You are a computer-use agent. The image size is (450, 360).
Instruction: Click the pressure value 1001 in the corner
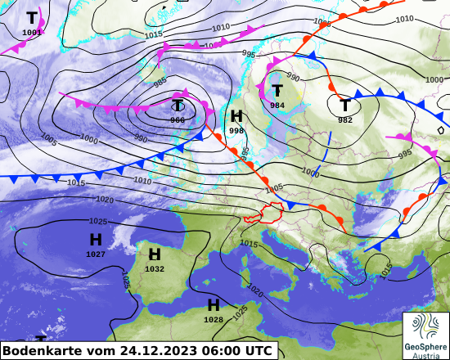[x=32, y=33]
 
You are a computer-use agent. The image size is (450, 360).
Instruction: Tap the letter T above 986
[x=178, y=106]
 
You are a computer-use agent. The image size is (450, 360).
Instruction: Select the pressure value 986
[x=178, y=120]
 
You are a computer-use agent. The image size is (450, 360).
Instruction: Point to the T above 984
[x=277, y=91]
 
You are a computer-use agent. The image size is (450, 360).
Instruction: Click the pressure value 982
[x=345, y=119]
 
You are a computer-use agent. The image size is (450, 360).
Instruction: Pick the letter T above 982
[x=345, y=105]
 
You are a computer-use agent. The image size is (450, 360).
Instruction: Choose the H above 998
[x=236, y=116]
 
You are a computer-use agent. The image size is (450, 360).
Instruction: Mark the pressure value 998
[x=236, y=131]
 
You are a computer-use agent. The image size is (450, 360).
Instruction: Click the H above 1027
[x=96, y=240]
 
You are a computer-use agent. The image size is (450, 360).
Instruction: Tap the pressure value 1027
[x=96, y=254]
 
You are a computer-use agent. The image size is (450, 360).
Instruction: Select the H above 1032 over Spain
[x=155, y=254]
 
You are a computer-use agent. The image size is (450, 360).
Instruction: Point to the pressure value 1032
[x=155, y=269]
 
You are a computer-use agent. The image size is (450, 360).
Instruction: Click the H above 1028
[x=214, y=305]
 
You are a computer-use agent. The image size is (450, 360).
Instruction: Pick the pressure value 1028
[x=214, y=320]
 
